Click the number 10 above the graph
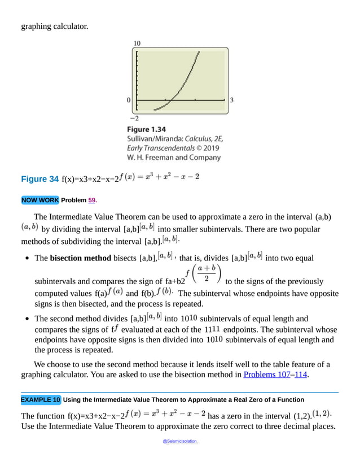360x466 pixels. coord(137,43)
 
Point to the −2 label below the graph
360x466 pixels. coord(134,118)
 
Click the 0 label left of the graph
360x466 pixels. coord(129,100)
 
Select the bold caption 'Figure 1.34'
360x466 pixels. coord(146,129)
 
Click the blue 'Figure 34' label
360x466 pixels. coord(39,179)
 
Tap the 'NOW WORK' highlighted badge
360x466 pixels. coord(39,200)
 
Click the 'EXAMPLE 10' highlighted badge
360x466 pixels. coord(41,400)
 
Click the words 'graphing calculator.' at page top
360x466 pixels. coord(54,26)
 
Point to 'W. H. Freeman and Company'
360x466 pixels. coord(174,158)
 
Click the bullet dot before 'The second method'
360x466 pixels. coord(27,319)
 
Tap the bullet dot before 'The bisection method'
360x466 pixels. coord(27,258)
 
